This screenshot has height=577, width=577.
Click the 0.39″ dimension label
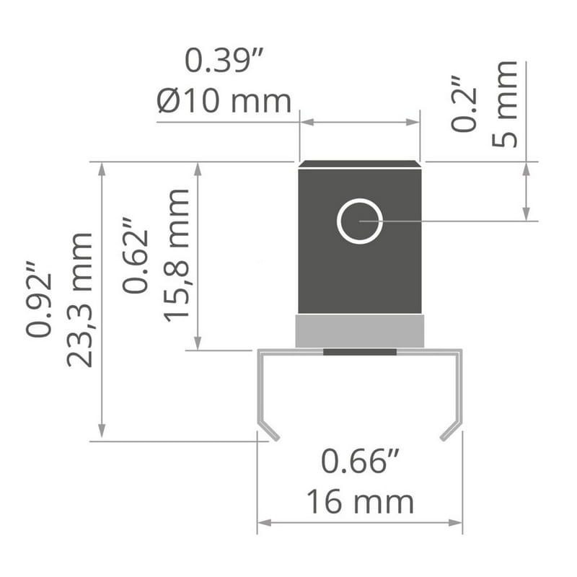[224, 61]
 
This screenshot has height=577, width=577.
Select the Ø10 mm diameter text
[224, 101]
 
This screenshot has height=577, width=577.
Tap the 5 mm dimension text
[505, 104]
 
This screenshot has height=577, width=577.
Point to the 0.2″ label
[464, 104]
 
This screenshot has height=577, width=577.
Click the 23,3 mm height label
[80, 299]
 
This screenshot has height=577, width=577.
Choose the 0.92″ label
[39, 299]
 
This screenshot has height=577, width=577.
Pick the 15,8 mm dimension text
[176, 256]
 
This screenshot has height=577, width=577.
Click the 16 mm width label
[360, 502]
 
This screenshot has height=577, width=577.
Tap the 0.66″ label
[360, 461]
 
